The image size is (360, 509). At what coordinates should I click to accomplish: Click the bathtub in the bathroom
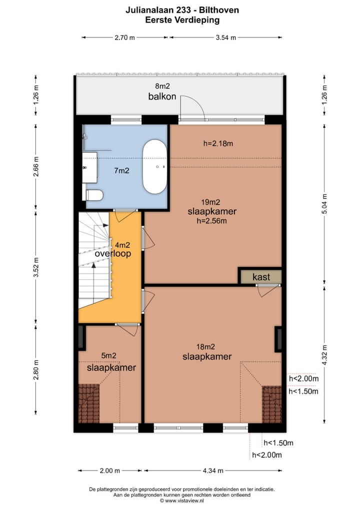tap(155, 167)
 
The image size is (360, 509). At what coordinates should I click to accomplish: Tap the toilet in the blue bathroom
tap(94, 195)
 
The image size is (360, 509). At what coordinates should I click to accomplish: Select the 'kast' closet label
tap(261, 277)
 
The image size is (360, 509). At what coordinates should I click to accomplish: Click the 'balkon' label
tap(162, 96)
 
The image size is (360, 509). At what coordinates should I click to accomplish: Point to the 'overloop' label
tap(113, 253)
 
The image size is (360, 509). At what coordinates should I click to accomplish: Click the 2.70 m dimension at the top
tap(124, 37)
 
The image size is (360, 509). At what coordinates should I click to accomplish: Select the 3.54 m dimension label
tap(226, 37)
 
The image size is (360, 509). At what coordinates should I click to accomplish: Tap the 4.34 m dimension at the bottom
tap(213, 470)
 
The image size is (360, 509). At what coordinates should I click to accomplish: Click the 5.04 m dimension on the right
tap(324, 203)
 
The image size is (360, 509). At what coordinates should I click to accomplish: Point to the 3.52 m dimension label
tap(36, 267)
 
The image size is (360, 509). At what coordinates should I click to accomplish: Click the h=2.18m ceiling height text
tap(218, 143)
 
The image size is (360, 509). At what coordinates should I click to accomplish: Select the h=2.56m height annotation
tap(211, 221)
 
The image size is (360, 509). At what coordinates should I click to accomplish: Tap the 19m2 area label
tap(210, 202)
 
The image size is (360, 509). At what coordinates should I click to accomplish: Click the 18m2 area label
tap(205, 347)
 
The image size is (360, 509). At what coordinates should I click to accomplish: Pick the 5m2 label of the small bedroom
tap(108, 356)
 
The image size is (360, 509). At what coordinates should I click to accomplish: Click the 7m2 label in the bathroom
tap(121, 170)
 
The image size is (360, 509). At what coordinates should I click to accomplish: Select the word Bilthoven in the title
tap(219, 10)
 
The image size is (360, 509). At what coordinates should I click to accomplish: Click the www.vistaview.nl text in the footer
tap(184, 500)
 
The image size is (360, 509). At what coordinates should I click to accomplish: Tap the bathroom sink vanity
tap(90, 167)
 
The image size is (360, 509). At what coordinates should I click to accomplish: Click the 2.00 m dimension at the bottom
tap(109, 470)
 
